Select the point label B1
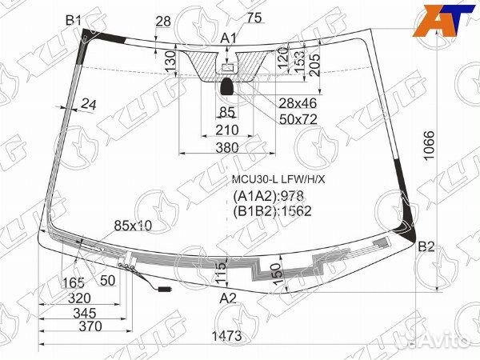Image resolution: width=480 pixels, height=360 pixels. point(74,19)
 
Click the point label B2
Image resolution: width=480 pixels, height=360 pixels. point(426,246)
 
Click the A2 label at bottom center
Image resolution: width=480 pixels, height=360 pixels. point(229,298)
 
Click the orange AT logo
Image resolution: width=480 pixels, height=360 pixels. point(442,18)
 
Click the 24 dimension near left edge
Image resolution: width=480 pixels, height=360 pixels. point(88,103)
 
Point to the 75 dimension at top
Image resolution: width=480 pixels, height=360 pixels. point(254,17)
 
